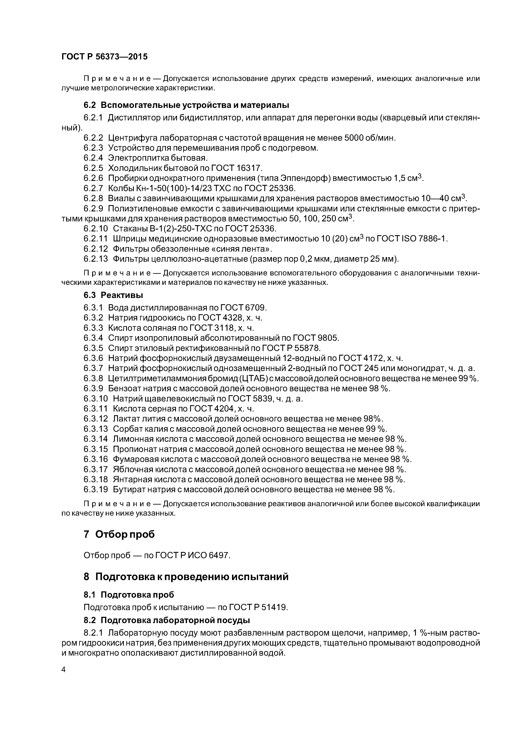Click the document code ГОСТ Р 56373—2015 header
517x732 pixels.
click(104, 57)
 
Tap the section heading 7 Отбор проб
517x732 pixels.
click(119, 534)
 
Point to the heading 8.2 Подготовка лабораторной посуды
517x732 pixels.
click(167, 620)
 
